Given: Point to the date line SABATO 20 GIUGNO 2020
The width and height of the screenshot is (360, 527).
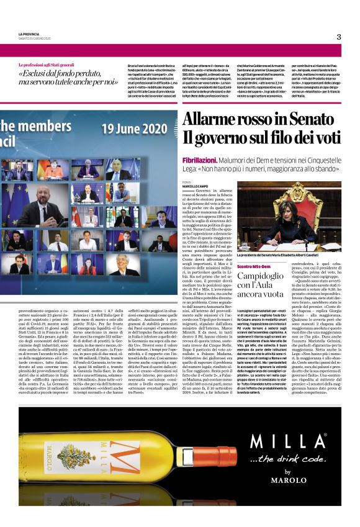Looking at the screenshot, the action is click(x=34, y=38).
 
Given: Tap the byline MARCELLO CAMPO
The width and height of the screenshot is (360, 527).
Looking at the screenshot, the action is click(x=196, y=186).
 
